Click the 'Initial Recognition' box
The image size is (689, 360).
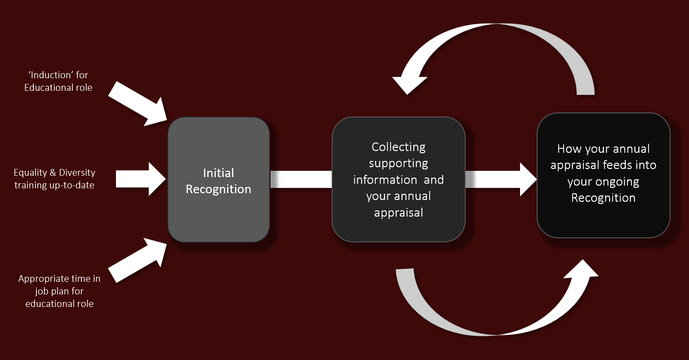(x=218, y=180)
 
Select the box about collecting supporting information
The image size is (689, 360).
(x=398, y=179)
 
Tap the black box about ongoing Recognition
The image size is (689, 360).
(x=603, y=175)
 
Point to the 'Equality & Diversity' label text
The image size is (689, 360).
(x=54, y=173)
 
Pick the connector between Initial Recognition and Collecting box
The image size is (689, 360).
(x=301, y=179)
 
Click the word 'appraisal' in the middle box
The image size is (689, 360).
(x=399, y=213)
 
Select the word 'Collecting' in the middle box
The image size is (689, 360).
(x=398, y=147)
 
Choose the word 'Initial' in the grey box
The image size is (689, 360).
(x=218, y=173)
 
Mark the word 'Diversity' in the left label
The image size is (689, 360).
(x=77, y=173)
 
